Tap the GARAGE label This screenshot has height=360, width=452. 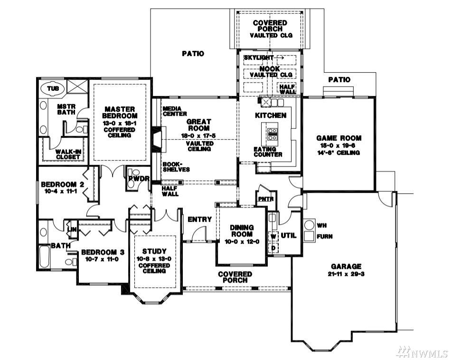click(346, 266)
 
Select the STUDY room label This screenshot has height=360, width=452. click(154, 251)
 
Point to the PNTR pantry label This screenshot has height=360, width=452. click(266, 199)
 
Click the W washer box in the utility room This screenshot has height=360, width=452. click(273, 237)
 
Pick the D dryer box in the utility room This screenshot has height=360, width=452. click(273, 248)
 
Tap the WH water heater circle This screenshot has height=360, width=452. click(310, 225)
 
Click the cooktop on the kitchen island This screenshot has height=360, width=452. click(273, 134)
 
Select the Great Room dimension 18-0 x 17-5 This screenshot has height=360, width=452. click(198, 135)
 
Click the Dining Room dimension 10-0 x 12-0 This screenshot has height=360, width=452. click(242, 241)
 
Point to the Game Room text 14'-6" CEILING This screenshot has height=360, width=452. click(339, 152)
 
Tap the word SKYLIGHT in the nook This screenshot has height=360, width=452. click(258, 57)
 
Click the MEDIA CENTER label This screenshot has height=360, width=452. click(175, 111)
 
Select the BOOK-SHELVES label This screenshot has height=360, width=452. click(176, 167)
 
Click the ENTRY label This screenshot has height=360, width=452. click(200, 219)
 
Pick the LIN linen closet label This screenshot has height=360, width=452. click(72, 229)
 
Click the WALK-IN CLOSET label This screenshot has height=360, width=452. click(68, 154)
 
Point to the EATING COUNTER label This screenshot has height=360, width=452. click(268, 152)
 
